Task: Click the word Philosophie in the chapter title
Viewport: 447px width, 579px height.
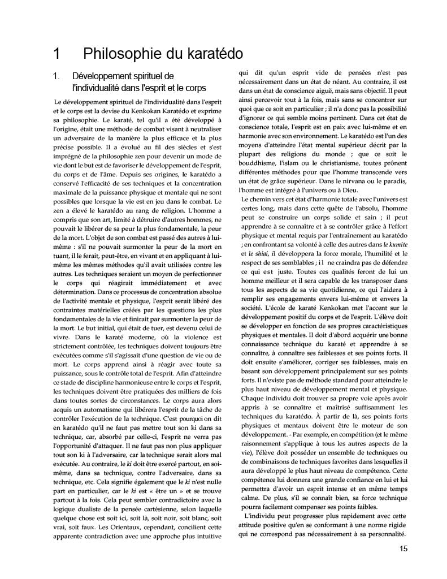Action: pyautogui.click(x=117, y=54)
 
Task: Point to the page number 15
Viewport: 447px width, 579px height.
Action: pyautogui.click(x=403, y=548)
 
